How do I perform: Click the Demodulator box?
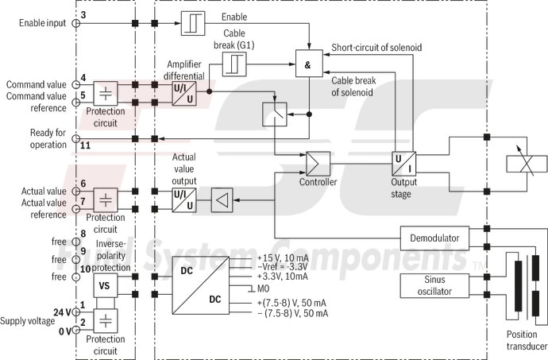coord(434,238)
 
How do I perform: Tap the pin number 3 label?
coord(83,15)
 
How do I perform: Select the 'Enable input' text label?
coord(43,22)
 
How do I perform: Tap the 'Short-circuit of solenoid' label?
coord(376,48)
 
